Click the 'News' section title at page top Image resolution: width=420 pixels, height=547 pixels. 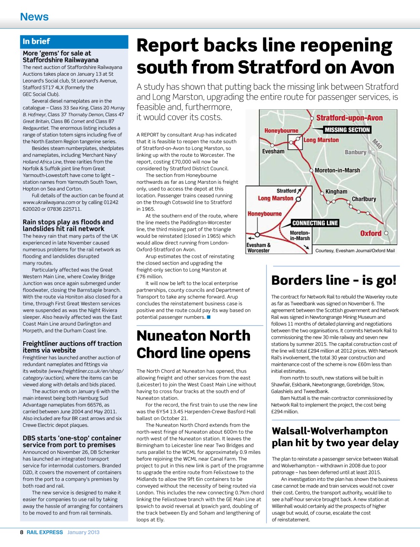click(34, 17)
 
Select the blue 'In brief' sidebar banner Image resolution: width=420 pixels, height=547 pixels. click(74, 41)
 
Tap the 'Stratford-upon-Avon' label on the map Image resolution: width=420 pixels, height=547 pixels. click(349, 118)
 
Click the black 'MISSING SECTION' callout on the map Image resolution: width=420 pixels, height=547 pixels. click(347, 130)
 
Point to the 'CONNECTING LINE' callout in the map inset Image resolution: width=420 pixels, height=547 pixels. click(315, 223)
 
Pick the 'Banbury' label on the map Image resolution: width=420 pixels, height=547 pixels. click(355, 152)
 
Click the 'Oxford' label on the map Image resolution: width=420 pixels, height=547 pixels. click(370, 233)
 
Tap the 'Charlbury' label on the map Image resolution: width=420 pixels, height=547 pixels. click(363, 199)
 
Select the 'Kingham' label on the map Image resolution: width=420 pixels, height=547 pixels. click(336, 191)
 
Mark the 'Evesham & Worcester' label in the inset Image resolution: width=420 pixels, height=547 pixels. click(258, 248)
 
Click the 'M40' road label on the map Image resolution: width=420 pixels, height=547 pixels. click(377, 144)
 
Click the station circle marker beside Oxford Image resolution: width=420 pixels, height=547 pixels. click(386, 233)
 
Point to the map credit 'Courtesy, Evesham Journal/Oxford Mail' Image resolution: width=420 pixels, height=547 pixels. click(355, 251)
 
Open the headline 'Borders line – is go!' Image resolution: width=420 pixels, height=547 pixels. click(334, 280)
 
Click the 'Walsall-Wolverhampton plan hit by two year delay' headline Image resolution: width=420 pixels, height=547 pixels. click(335, 437)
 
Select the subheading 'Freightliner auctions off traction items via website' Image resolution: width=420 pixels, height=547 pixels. click(72, 347)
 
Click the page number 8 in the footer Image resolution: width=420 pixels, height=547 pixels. click(22, 532)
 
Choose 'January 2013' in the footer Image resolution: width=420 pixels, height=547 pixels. click(83, 532)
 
